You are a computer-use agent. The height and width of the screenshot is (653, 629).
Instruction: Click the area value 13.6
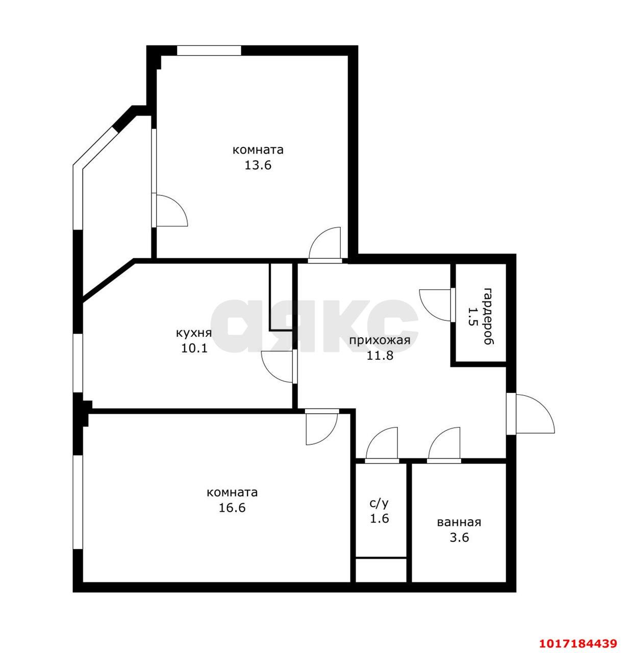pos(258,165)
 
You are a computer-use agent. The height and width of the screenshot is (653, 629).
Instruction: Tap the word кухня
pos(194,333)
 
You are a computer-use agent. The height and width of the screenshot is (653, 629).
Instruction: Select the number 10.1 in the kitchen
pos(194,348)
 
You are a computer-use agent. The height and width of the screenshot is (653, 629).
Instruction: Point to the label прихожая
pos(380,340)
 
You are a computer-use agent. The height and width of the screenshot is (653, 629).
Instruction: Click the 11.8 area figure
pos(380,356)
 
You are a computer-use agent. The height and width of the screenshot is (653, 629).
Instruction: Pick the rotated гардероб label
pos(489,316)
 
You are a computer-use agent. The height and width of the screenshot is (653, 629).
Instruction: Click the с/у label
pos(380,504)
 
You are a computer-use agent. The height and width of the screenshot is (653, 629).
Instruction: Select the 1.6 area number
pos(380,519)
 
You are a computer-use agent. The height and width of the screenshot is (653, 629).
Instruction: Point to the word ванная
pos(459,522)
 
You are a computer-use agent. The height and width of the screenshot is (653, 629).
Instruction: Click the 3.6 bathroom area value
pos(459,538)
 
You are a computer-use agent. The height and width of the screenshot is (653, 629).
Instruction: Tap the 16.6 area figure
pos(232,508)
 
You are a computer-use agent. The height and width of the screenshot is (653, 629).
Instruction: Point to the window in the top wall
pos(209,51)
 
